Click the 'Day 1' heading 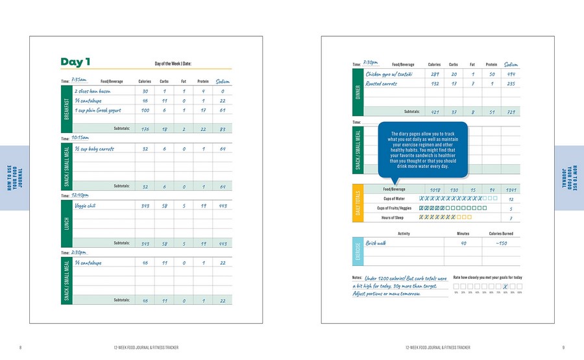click(75, 62)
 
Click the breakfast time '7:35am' click(79, 80)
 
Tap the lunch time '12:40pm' click(80, 195)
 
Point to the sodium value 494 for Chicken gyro click(511, 74)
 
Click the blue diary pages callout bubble click(422, 150)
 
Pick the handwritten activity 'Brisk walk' click(376, 243)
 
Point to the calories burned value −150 click(501, 243)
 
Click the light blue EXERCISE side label click(358, 252)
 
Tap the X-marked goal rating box click(505, 285)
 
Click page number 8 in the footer click(21, 348)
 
